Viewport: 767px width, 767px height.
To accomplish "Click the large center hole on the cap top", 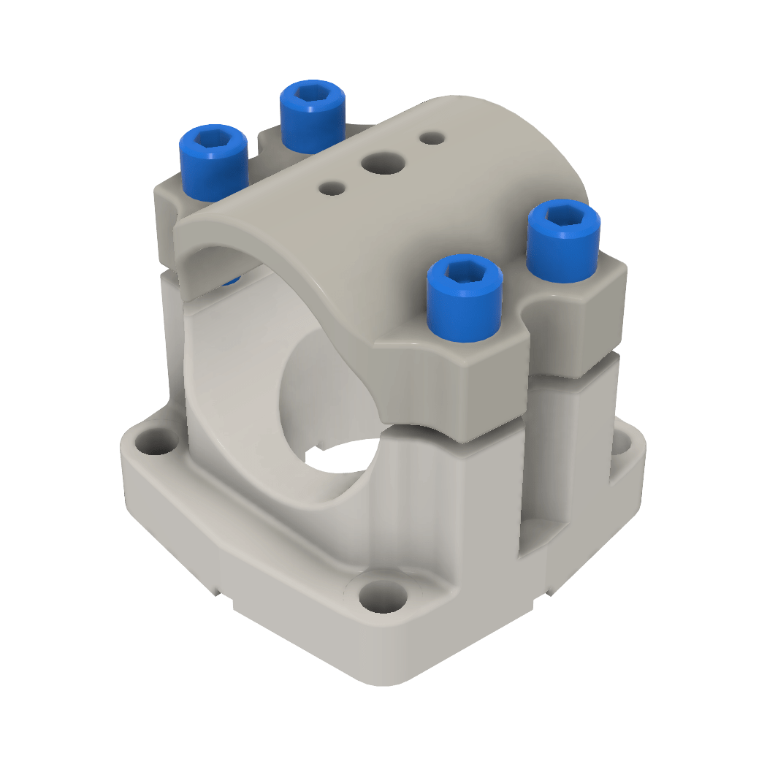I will (384, 162).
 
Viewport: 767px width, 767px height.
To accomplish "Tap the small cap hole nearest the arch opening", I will (332, 188).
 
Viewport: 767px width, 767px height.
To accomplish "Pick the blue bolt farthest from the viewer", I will (313, 117).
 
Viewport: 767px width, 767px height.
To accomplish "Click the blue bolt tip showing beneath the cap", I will (232, 280).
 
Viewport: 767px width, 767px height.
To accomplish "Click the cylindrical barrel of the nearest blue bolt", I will (465, 314).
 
